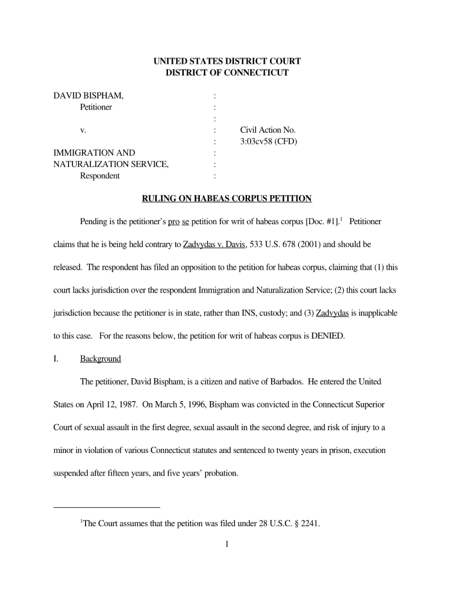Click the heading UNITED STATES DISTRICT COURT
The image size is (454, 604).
tap(227, 61)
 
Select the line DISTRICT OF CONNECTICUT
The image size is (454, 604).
tap(227, 73)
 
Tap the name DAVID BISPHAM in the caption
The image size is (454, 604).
tap(88, 96)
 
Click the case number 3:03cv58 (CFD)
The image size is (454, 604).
tap(268, 142)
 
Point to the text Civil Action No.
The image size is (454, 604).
tap(268, 130)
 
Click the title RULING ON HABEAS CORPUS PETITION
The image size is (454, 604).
tap(226, 198)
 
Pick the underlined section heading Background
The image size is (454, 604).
tap(100, 359)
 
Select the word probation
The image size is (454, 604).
tap(220, 472)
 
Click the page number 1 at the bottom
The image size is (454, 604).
tap(226, 544)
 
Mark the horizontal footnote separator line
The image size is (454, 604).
tap(107, 507)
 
